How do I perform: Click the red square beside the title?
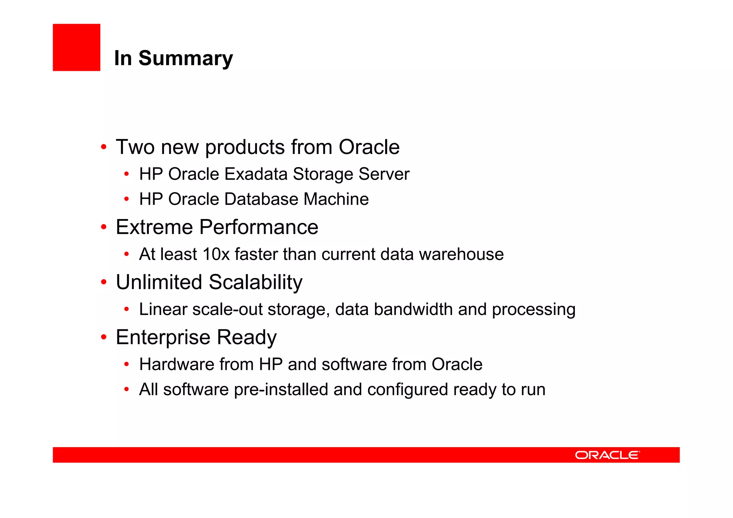click(76, 47)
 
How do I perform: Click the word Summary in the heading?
click(185, 58)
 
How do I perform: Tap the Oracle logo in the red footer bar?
click(607, 455)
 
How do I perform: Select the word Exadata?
click(256, 174)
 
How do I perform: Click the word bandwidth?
click(413, 309)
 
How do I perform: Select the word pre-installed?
click(281, 389)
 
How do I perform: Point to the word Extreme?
click(154, 227)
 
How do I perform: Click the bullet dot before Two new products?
click(104, 147)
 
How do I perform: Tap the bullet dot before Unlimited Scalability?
click(104, 282)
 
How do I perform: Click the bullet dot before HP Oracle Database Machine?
click(126, 199)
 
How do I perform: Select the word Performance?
click(258, 227)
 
